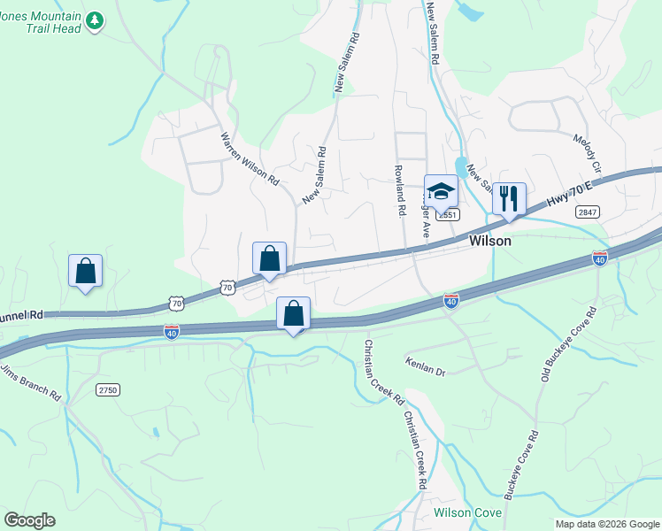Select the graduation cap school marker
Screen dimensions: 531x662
pyautogui.click(x=441, y=190)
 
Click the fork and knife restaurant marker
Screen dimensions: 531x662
pyautogui.click(x=509, y=198)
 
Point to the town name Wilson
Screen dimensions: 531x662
pyautogui.click(x=489, y=241)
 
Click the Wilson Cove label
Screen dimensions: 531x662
pyautogui.click(x=467, y=513)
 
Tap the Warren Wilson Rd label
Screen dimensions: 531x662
pyautogui.click(x=250, y=159)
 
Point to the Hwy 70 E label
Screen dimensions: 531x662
pyautogui.click(x=569, y=191)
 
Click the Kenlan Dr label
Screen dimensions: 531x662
pyautogui.click(x=425, y=366)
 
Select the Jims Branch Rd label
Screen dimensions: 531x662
pyautogui.click(x=30, y=383)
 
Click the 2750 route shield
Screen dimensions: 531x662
pyautogui.click(x=108, y=389)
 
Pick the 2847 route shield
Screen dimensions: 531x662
pyautogui.click(x=586, y=212)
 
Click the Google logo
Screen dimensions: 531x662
pyautogui.click(x=29, y=520)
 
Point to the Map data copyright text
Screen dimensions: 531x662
pyautogui.click(x=607, y=524)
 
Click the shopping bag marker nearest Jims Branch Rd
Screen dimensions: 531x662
pyautogui.click(x=86, y=271)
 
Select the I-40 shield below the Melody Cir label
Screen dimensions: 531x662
pyautogui.click(x=601, y=258)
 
